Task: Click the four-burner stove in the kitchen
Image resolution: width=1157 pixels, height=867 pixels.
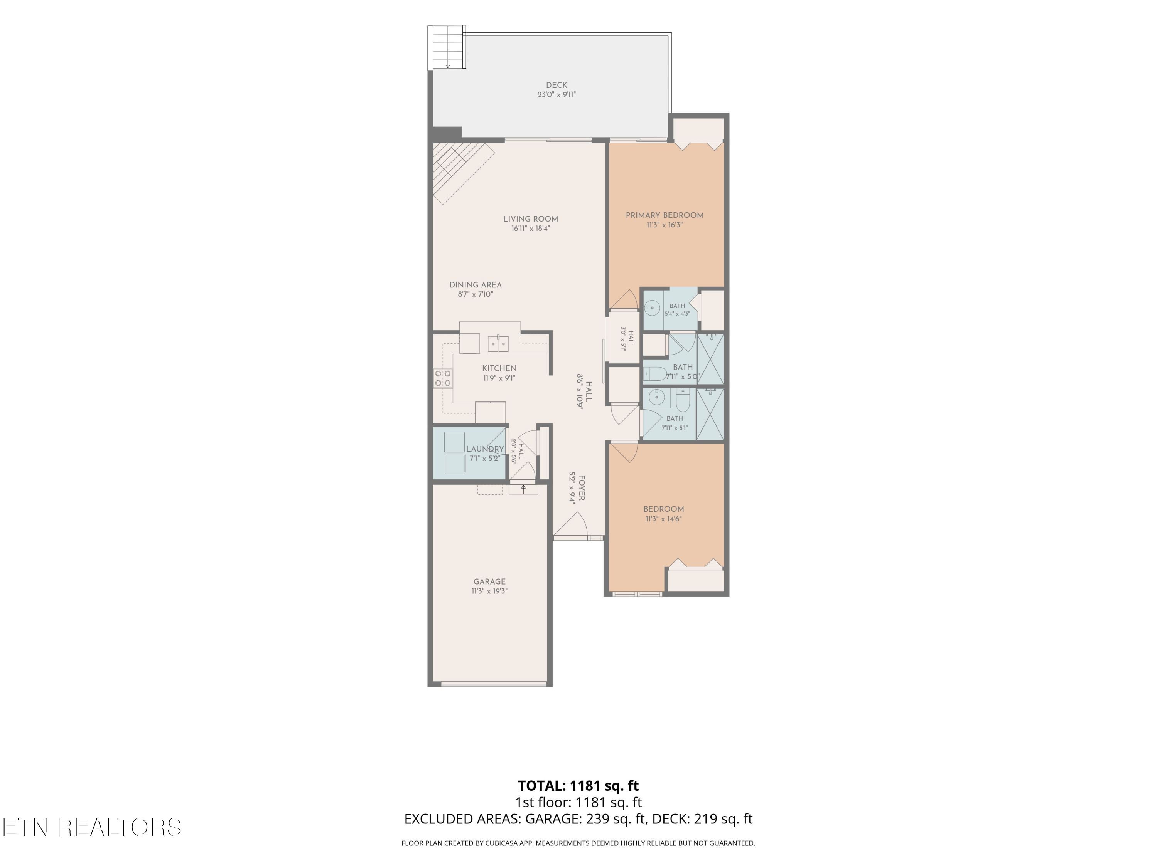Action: click(x=443, y=378)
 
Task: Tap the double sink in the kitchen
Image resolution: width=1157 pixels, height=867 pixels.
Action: click(x=498, y=344)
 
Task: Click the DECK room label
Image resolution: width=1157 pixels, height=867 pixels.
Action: click(x=557, y=85)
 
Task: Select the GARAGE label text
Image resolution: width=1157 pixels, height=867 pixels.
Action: click(x=489, y=581)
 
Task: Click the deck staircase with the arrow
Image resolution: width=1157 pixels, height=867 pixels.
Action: click(x=447, y=47)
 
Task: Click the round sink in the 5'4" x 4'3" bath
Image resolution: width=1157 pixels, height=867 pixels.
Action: click(x=652, y=308)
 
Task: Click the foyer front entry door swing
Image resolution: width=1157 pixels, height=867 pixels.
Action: click(x=571, y=524)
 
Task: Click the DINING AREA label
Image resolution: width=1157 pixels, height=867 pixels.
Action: click(x=476, y=285)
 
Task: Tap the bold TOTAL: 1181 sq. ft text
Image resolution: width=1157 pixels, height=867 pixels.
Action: click(x=578, y=785)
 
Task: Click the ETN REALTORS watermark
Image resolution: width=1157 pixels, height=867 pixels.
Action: click(x=92, y=827)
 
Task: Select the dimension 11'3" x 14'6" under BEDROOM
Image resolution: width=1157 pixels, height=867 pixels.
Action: click(x=664, y=519)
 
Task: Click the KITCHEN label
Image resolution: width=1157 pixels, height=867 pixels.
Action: click(x=499, y=368)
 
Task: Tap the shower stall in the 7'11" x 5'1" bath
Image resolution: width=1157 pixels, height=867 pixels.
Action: click(x=710, y=414)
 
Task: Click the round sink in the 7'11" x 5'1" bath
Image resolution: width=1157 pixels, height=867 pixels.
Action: click(x=656, y=398)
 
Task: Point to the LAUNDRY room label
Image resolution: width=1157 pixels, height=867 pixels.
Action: click(x=485, y=449)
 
